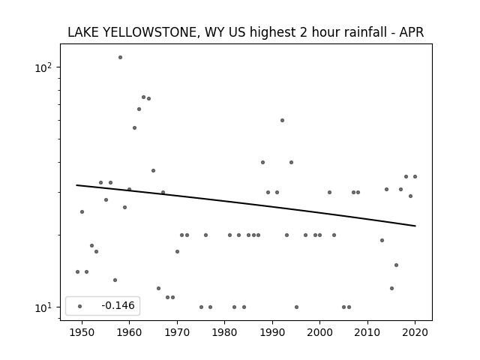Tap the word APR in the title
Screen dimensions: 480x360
(412, 32)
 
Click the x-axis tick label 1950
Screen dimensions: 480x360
(82, 332)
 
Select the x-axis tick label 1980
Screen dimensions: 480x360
(224, 332)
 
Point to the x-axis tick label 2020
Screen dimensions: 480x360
(415, 332)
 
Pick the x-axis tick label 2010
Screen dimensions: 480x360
(367, 332)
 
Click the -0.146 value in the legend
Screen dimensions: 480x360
(118, 305)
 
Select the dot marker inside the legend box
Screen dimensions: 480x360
(80, 306)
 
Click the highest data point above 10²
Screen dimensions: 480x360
(120, 57)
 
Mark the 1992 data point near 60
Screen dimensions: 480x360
(282, 120)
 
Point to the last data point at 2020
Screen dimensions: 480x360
(415, 177)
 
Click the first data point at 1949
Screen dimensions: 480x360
(78, 271)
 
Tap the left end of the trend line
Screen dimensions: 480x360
(76, 185)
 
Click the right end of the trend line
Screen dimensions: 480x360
(415, 226)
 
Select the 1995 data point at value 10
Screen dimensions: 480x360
(296, 307)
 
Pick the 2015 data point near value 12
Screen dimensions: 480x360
(391, 288)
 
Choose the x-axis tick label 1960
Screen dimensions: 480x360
(129, 332)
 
